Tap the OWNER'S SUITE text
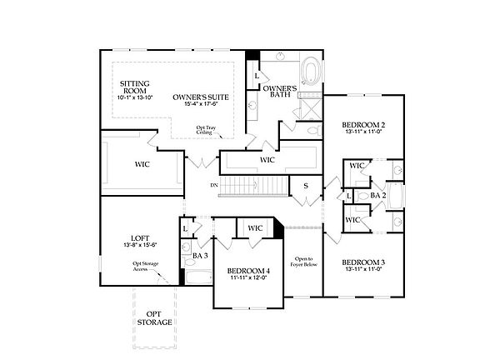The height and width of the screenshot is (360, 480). point(201,97)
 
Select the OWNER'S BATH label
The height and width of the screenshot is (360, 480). point(281,92)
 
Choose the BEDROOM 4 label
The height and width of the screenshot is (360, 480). point(248,272)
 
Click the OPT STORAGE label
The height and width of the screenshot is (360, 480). point(154,317)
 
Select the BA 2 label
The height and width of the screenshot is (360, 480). point(378,195)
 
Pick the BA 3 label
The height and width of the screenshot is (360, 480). point(200,255)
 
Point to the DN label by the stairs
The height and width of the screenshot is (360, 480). point(214,184)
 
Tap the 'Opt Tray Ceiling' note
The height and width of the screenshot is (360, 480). point(205,131)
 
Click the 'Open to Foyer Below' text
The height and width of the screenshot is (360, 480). point(303,263)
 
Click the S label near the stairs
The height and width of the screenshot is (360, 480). point(306,186)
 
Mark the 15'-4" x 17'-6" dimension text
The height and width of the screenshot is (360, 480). point(201,106)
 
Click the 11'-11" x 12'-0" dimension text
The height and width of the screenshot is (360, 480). point(248,280)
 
